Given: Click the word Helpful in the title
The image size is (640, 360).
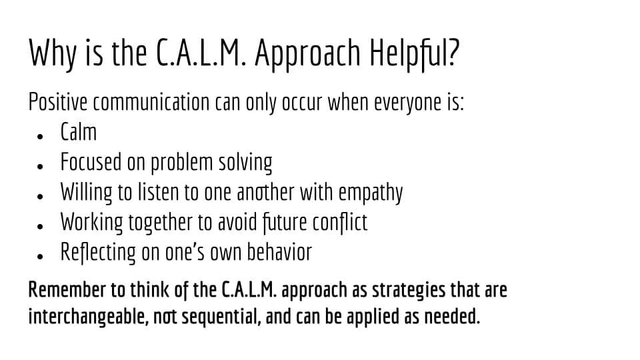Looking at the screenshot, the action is pyautogui.click(x=409, y=53).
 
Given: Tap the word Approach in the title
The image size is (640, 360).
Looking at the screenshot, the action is pyautogui.click(x=307, y=54).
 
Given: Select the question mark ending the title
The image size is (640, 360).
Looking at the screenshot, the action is pyautogui.click(x=454, y=52).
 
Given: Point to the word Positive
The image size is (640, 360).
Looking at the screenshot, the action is pyautogui.click(x=57, y=101).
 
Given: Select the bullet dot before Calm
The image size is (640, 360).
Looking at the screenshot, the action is pyautogui.click(x=39, y=136).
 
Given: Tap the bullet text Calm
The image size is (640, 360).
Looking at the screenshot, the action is pyautogui.click(x=79, y=132).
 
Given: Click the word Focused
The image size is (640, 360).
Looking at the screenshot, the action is pyautogui.click(x=91, y=161).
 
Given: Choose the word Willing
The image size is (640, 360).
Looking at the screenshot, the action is pyautogui.click(x=86, y=192).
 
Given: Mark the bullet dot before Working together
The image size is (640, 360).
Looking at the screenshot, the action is pyautogui.click(x=39, y=226).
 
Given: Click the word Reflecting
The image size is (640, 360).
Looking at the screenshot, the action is pyautogui.click(x=98, y=252).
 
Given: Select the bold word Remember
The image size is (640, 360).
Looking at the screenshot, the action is pyautogui.click(x=67, y=289).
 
